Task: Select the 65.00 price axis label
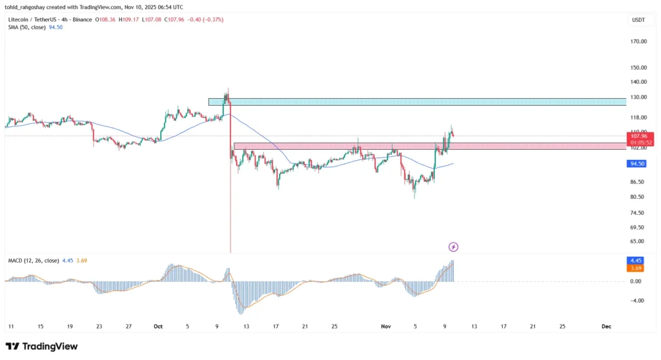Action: [x=638, y=241]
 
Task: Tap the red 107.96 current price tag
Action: [x=638, y=136]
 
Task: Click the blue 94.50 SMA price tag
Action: [x=638, y=164]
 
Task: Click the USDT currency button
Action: [x=638, y=21]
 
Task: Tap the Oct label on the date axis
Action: [x=158, y=326]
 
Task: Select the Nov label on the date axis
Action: [x=386, y=326]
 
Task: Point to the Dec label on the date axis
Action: [x=606, y=326]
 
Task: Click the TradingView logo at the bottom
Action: [x=41, y=346]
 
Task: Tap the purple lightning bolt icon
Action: [x=453, y=246]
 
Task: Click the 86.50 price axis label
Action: [x=638, y=182]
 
